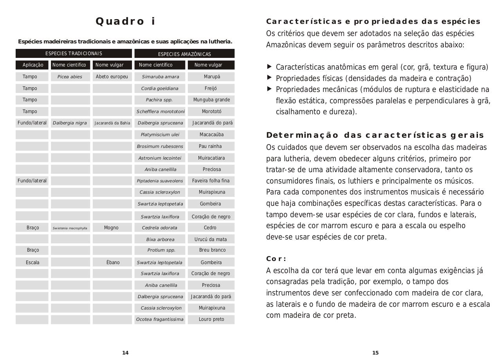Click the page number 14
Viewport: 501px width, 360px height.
point(125,353)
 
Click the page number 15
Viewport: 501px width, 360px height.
point(375,353)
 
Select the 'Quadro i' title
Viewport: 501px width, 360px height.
point(125,21)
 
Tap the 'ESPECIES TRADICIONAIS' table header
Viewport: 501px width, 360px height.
point(74,54)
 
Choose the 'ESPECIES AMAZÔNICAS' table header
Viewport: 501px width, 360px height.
point(184,54)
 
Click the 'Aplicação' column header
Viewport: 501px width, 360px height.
point(32,65)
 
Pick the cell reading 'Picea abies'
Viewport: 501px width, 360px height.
point(70,77)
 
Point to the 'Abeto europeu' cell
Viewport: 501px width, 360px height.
point(112,77)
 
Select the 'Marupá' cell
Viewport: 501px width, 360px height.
point(212,77)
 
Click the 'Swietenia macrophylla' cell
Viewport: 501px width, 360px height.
point(70,228)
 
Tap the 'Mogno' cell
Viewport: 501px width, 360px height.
point(111,228)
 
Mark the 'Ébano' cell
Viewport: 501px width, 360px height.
point(113,262)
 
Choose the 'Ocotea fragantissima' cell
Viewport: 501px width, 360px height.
point(160,319)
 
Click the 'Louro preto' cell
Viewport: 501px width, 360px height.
point(211,319)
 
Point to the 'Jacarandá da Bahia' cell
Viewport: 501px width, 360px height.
point(112,123)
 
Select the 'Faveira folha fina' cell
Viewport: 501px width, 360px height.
point(211,181)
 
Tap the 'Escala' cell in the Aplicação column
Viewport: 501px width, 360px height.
point(32,262)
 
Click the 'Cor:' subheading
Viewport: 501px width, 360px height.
point(276,259)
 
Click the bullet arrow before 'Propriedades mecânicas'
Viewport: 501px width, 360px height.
point(269,89)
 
